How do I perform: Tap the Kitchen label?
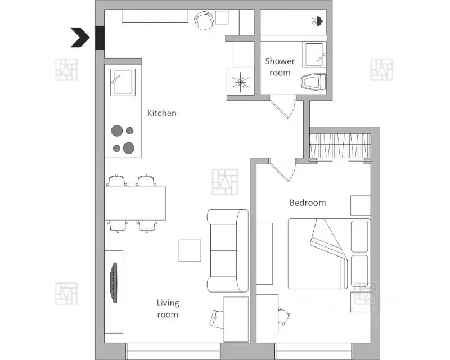(162, 113)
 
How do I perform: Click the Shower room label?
(280, 67)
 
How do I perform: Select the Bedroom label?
(308, 202)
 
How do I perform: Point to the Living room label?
(168, 308)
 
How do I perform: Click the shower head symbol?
(318, 21)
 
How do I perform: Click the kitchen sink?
(123, 82)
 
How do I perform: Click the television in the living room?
(114, 282)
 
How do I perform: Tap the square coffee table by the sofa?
(190, 251)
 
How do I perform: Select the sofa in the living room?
(228, 251)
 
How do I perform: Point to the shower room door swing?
(283, 107)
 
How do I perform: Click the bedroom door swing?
(283, 170)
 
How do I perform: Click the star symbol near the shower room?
(241, 82)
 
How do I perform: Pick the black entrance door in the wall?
(100, 38)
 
